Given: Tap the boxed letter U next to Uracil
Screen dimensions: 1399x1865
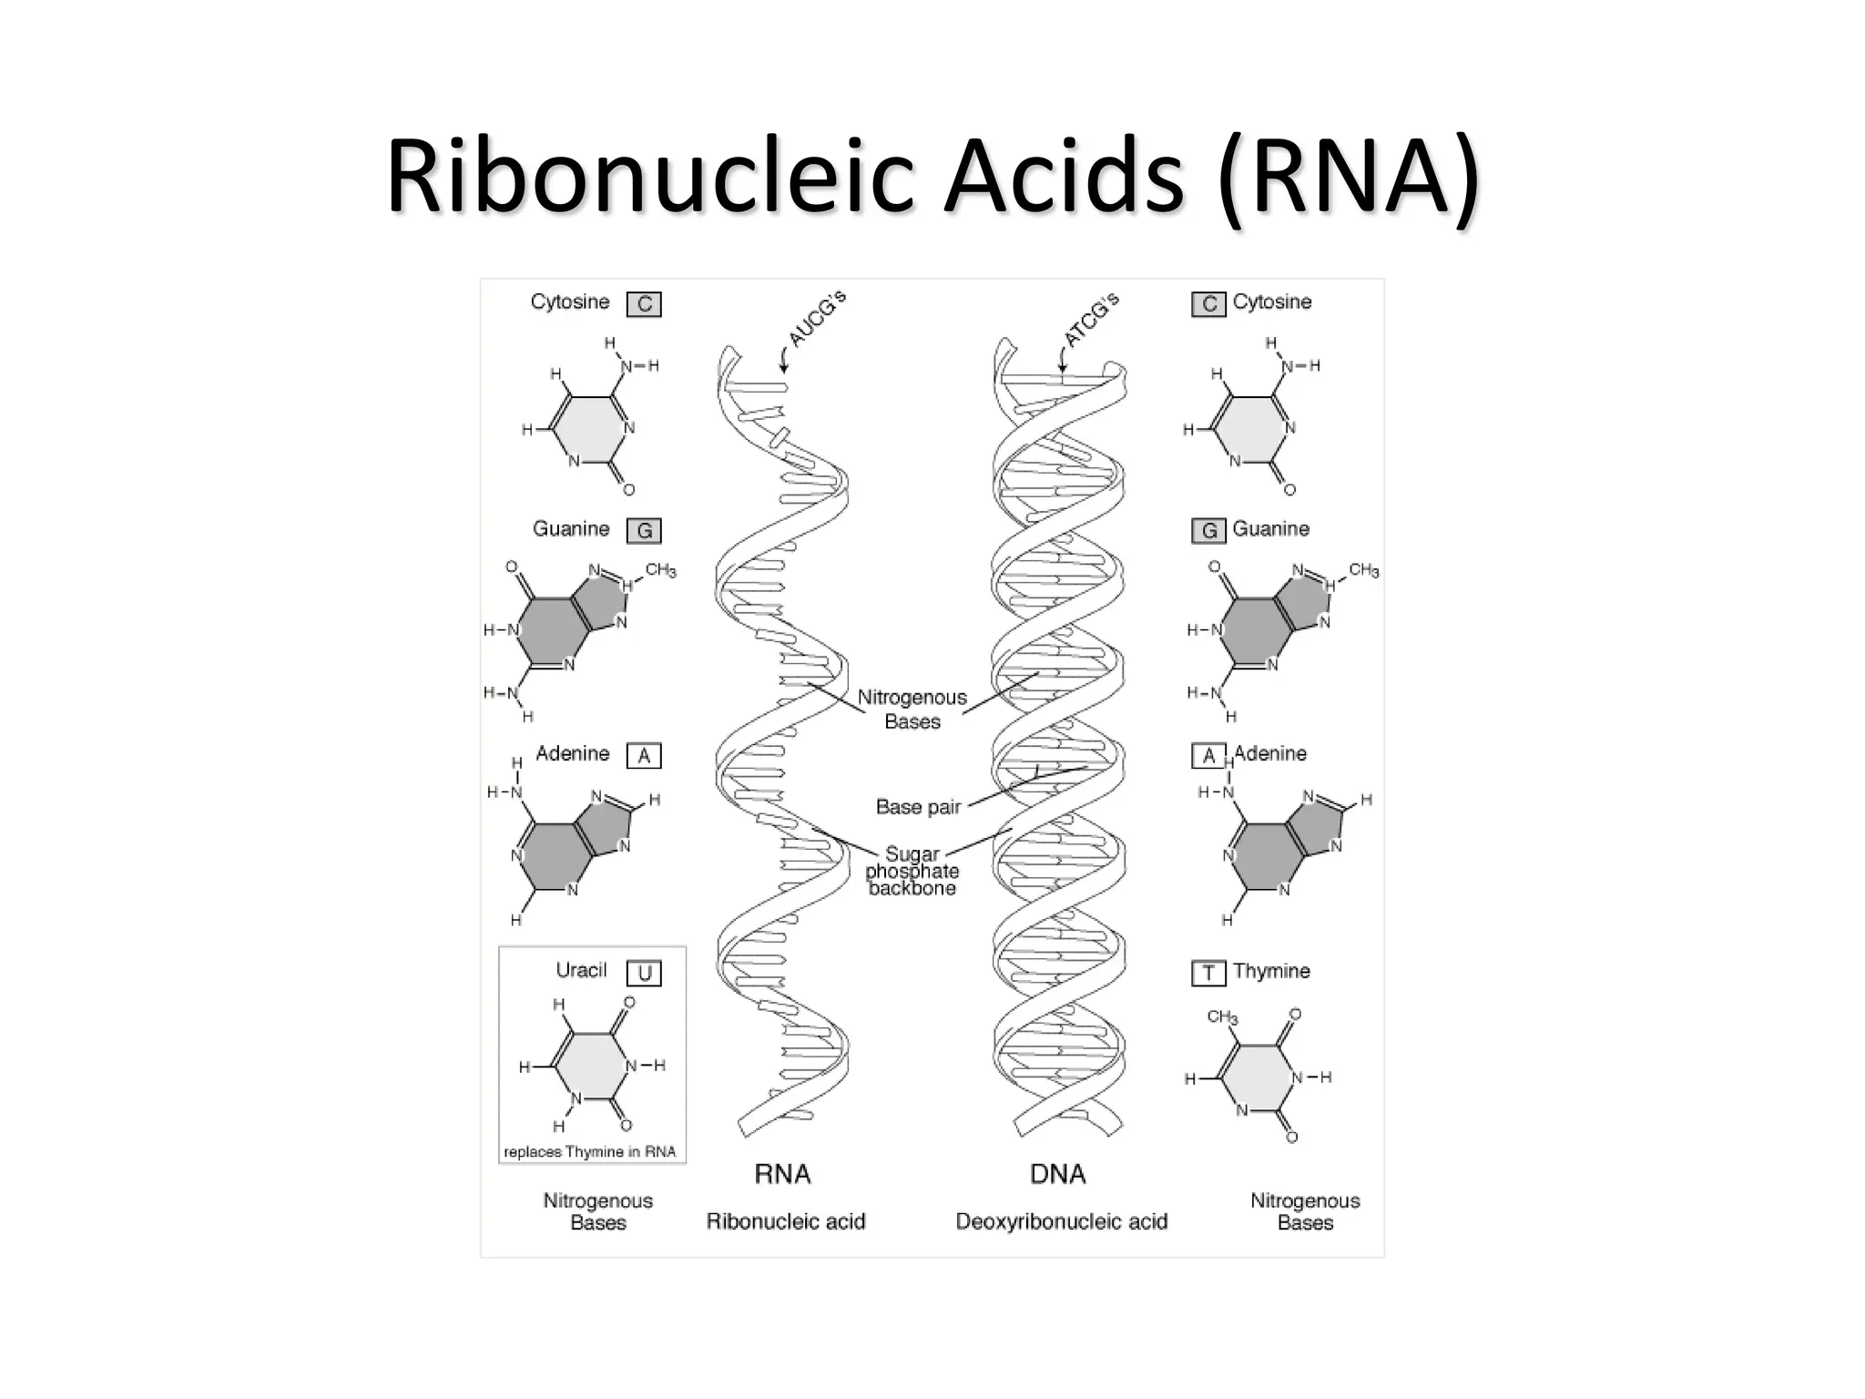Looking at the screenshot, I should point(644,974).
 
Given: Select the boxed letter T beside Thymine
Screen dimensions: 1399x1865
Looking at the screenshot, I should point(1208,973).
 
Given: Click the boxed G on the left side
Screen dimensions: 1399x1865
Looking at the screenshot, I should point(644,530).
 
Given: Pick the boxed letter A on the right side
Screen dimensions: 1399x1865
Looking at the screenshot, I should point(1208,756).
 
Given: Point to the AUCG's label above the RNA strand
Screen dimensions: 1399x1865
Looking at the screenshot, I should point(817,319).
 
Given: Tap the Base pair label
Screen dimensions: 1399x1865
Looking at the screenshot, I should point(918,807).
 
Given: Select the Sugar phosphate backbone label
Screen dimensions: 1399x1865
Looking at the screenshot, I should point(912,872).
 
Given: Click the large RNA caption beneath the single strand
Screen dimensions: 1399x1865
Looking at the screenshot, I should point(782,1174).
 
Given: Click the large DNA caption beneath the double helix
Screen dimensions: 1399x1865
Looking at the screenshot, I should point(1057,1174).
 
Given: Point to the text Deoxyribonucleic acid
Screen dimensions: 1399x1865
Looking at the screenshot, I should point(1061,1221).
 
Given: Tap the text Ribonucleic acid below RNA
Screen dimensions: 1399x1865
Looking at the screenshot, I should point(785,1221).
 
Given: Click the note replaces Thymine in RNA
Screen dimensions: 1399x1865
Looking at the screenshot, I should point(589,1152).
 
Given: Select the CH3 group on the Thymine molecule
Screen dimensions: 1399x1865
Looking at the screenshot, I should point(1221,1016).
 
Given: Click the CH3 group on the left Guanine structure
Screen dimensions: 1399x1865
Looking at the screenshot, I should point(660,571).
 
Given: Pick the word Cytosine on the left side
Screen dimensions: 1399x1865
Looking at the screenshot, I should point(570,301).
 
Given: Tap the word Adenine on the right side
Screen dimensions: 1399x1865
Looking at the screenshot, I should point(1270,753).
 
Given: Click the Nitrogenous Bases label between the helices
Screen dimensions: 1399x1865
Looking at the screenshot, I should point(912,710).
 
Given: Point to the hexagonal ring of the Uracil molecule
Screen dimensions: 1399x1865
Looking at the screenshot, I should point(591,1066).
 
